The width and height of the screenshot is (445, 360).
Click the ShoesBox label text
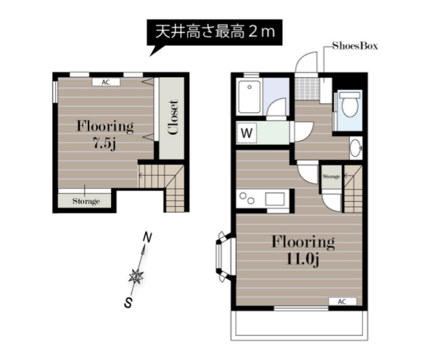354,46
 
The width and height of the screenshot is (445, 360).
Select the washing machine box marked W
247,132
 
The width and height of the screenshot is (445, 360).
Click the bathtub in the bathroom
249,97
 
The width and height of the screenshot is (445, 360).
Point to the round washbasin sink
356,147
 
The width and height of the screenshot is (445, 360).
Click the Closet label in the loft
172,118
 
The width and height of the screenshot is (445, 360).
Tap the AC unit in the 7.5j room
105,82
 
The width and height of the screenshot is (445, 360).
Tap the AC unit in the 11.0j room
342,301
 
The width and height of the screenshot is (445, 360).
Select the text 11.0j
303,259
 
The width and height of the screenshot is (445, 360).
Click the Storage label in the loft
86,201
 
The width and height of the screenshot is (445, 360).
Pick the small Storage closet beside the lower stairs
331,176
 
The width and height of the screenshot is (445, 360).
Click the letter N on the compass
146,238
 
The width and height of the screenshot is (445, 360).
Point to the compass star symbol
136,277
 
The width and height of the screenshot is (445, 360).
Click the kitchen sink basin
275,200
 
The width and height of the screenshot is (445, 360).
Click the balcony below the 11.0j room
299,325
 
